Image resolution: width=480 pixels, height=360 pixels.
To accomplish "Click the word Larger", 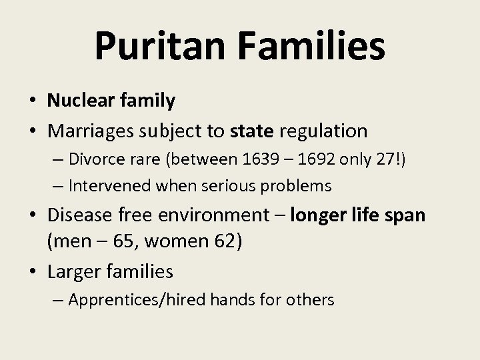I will pos(73,271).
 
